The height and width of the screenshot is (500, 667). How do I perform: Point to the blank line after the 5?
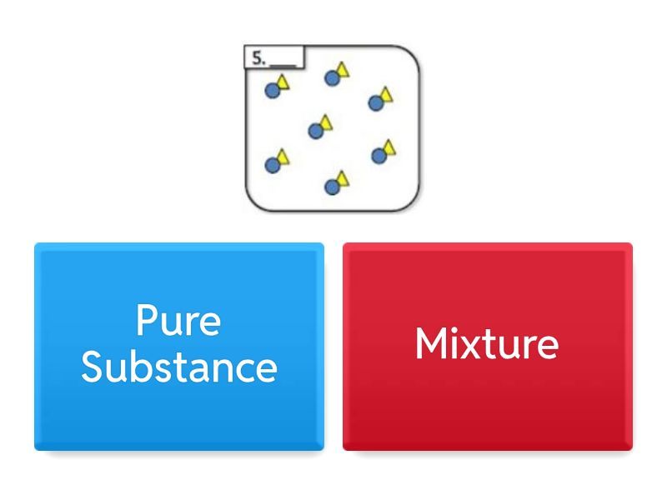point(283,66)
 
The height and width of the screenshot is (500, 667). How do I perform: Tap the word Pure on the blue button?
point(178,320)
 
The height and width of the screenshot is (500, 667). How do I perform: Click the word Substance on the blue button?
point(179,367)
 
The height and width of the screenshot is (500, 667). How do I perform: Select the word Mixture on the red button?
point(487,343)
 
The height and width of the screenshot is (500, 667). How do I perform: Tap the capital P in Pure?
point(147,320)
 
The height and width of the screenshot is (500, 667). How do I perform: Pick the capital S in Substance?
point(93,367)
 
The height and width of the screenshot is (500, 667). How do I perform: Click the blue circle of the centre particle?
point(316,131)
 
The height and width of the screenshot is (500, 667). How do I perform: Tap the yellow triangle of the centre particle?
point(326,122)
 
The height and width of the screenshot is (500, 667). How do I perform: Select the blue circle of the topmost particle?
point(332,78)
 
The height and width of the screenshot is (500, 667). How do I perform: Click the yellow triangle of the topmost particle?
point(343,70)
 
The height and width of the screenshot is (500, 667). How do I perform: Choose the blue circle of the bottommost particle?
point(332,187)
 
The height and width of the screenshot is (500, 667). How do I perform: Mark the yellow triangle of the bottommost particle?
point(343,178)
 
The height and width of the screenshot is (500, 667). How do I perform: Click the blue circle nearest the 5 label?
point(273,91)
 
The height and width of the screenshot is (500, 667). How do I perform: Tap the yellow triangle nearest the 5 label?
point(283,82)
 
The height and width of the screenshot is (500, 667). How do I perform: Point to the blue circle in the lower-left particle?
point(273,165)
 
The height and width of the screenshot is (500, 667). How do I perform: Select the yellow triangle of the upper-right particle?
point(386,94)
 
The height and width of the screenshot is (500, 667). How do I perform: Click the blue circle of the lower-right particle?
point(379,156)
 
